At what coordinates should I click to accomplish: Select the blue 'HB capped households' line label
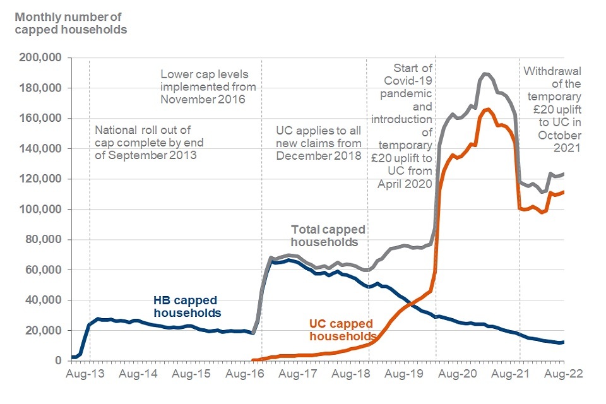[x=187, y=307]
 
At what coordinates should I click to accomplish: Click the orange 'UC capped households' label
[x=343, y=330]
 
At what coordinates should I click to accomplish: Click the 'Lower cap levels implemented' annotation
[x=208, y=86]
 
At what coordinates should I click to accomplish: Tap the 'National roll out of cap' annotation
[x=146, y=143]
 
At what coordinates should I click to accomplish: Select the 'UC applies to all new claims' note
[x=319, y=143]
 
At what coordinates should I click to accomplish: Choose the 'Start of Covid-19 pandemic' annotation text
[x=403, y=125]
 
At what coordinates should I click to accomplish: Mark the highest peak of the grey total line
[x=485, y=74]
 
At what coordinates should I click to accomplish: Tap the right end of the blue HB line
[x=563, y=342]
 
